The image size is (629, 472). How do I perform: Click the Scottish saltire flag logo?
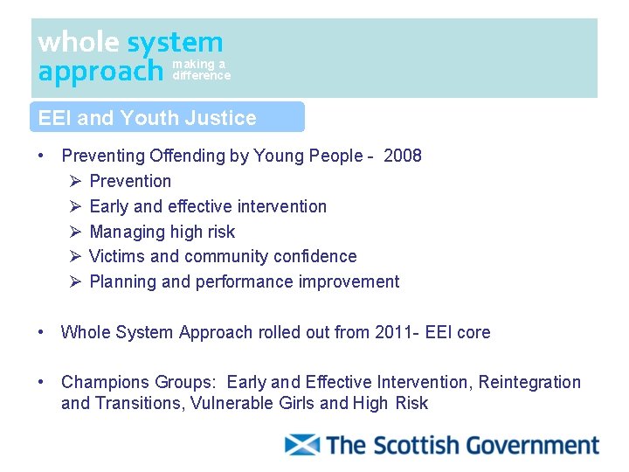302,445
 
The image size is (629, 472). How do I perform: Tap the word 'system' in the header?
175,42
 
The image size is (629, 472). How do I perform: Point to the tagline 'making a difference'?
201,70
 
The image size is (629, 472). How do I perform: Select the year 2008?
403,156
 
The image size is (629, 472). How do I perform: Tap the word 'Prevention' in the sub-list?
130,181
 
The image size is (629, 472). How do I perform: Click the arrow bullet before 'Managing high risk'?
75,232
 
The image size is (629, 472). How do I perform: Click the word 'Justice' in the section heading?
226,118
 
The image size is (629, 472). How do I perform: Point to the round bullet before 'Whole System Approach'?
41,332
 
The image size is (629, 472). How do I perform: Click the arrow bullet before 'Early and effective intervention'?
75,206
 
